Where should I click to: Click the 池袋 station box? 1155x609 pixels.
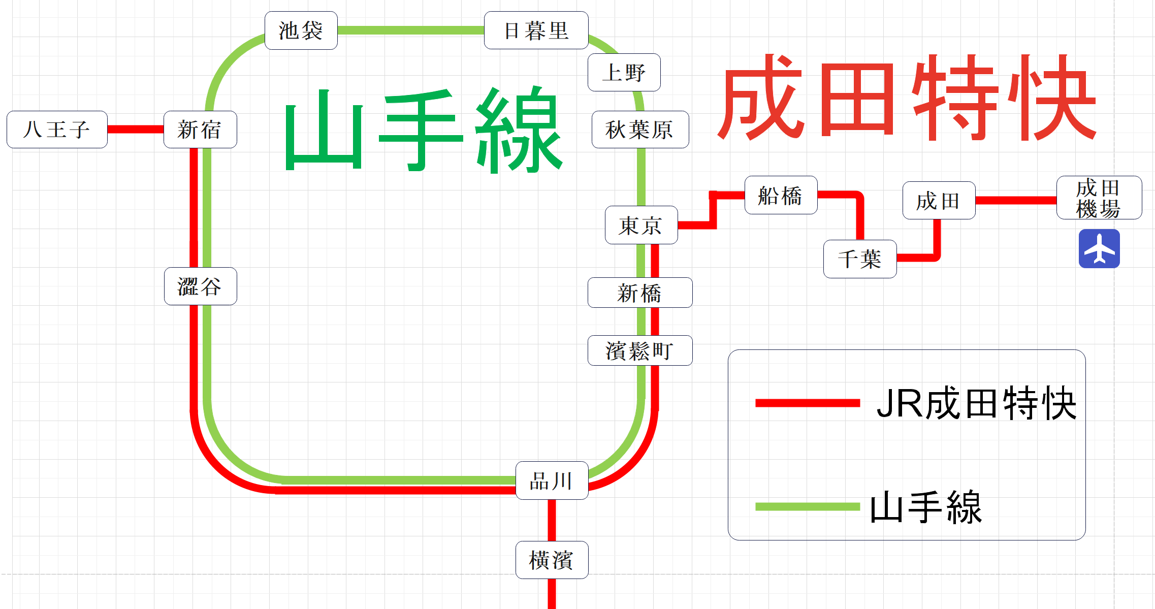(x=301, y=30)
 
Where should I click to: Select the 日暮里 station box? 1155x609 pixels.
(x=536, y=30)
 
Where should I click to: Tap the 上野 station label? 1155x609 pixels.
(x=624, y=73)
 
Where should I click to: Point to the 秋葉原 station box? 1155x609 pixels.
(x=640, y=130)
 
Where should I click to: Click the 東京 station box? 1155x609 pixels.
(x=641, y=225)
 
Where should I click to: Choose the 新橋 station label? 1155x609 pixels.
(x=640, y=293)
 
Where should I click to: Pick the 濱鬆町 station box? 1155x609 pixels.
(x=640, y=350)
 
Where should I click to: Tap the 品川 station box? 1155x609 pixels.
(x=552, y=480)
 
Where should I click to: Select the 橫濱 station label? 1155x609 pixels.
(x=552, y=560)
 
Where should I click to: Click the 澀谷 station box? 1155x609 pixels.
(x=200, y=286)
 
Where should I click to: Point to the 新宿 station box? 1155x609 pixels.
(x=200, y=130)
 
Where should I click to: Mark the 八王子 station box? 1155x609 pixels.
(x=57, y=130)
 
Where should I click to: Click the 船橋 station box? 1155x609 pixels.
(x=781, y=195)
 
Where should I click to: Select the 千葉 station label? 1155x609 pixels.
(x=859, y=259)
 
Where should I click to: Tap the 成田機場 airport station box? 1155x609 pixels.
(x=1099, y=198)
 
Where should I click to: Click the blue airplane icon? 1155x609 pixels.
(x=1099, y=248)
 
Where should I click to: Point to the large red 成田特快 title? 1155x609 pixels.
(x=907, y=98)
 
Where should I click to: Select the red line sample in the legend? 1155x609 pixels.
(x=807, y=403)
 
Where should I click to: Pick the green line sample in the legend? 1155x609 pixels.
(x=807, y=506)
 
